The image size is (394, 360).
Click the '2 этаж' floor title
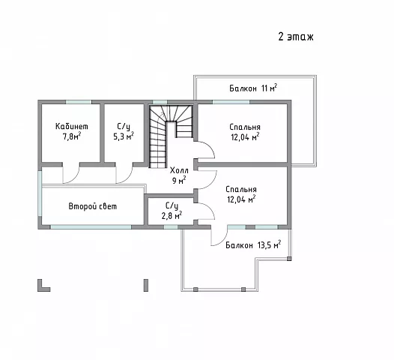pos(296,37)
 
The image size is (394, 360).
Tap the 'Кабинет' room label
pos(72,126)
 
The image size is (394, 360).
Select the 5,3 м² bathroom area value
pos(124,136)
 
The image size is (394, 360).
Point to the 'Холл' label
pos(179,170)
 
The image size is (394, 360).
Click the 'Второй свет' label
pos(93,206)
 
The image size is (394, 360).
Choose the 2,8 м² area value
pos(172,215)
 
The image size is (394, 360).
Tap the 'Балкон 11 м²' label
pos(253,88)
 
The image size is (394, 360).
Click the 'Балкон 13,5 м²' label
pos(253,244)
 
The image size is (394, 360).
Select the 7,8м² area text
pos(72,136)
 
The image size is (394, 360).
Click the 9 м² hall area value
pos(179,181)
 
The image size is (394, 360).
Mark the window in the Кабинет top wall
pos(79,102)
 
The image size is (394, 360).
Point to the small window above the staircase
pos(160,102)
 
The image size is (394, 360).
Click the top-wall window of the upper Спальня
pos(231,102)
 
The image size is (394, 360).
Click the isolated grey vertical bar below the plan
pos(146,285)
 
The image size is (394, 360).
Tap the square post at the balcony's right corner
pos(289,258)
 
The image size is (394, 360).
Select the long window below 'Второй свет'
pos(91,227)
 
